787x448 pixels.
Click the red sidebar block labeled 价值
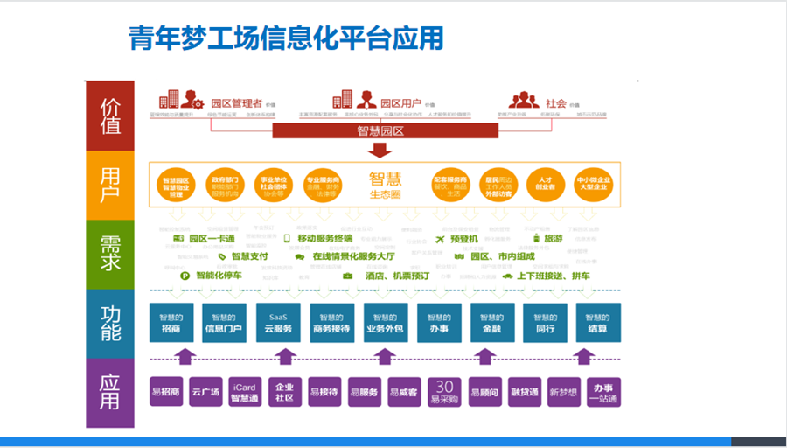[109, 115]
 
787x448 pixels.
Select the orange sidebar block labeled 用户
[109, 184]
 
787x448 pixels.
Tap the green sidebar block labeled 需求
[109, 253]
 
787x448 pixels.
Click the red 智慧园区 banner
[386, 131]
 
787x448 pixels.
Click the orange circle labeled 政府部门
[225, 185]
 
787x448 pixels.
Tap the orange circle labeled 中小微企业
[591, 185]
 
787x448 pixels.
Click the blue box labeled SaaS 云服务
[279, 323]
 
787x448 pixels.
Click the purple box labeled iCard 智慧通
[244, 391]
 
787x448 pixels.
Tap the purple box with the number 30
[443, 391]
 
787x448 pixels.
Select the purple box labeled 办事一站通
[603, 391]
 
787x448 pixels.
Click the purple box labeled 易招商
[165, 391]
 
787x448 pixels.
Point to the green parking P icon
[185, 276]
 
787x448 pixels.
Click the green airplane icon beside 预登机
[439, 239]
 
